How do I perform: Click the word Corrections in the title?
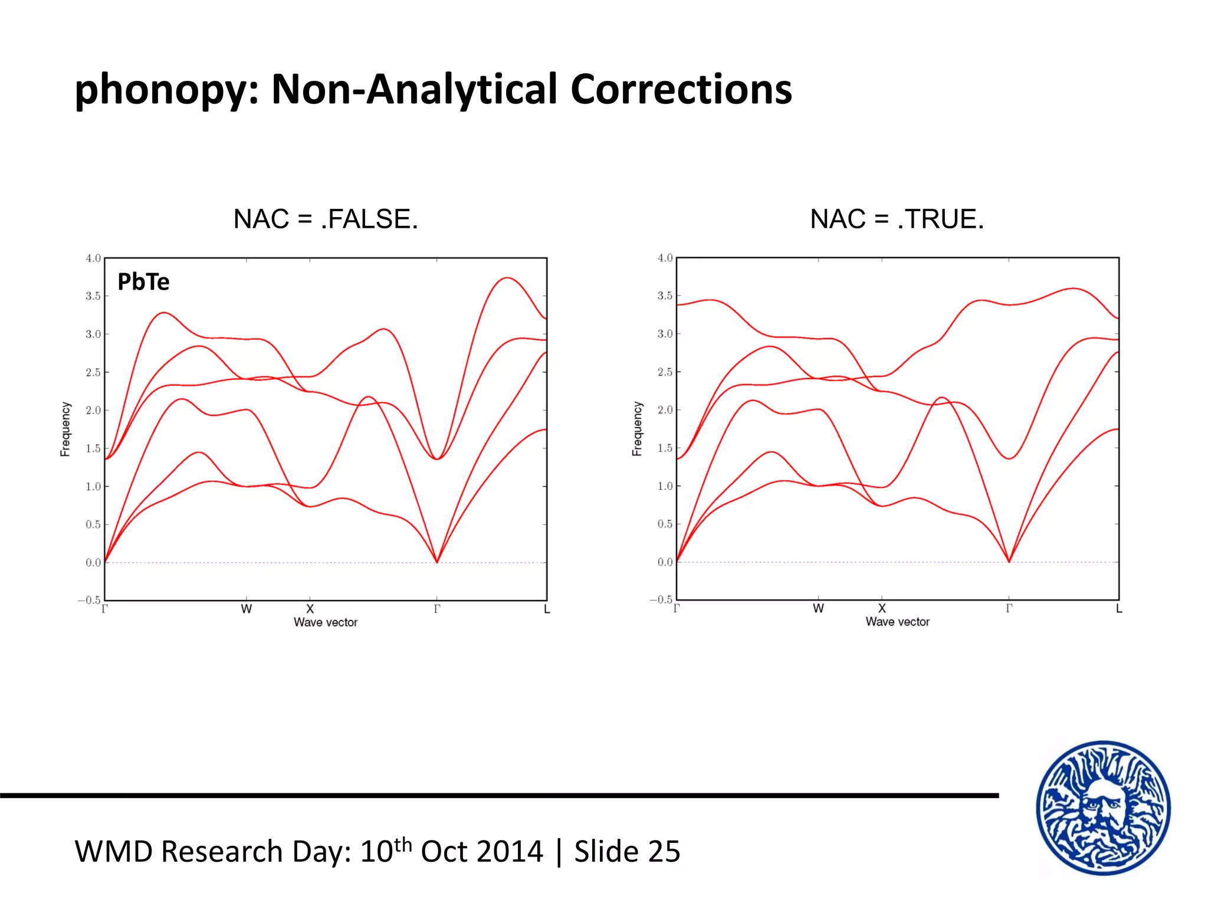[x=681, y=90]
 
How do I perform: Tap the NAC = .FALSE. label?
[x=326, y=219]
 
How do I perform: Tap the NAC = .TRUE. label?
[x=897, y=219]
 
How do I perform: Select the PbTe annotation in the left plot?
[x=143, y=282]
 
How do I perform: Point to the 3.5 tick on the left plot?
[x=93, y=296]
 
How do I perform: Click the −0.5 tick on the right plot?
[x=661, y=599]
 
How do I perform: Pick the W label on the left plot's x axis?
[x=247, y=609]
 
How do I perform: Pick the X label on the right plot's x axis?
[x=882, y=608]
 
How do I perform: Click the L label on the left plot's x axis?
[x=547, y=610]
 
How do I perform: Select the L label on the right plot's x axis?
[x=1119, y=609]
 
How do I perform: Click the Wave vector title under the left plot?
[x=326, y=622]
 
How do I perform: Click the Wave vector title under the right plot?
[x=897, y=622]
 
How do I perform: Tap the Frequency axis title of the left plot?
[x=65, y=429]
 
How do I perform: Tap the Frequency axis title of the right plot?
[x=637, y=429]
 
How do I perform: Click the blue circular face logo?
[x=1103, y=807]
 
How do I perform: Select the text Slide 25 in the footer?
[x=627, y=852]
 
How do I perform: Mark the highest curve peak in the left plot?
[x=507, y=278]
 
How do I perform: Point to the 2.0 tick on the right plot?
[x=665, y=410]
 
